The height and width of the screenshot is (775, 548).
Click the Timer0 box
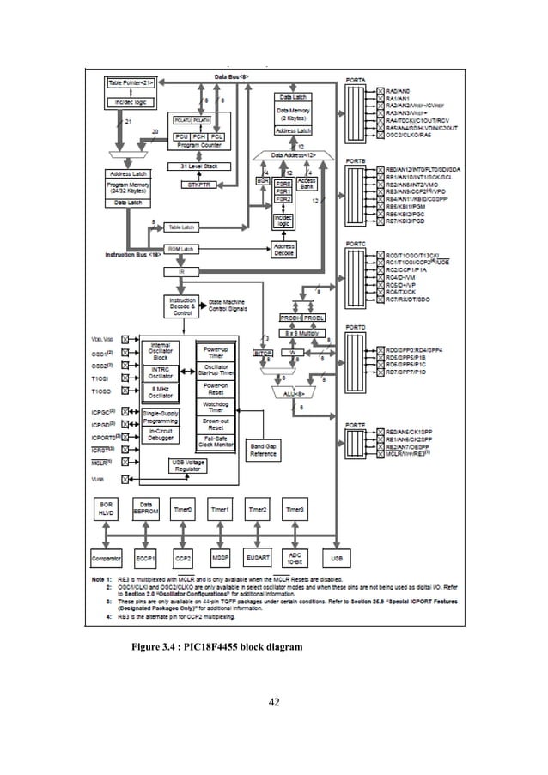(181, 509)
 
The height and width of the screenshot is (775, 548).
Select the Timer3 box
(295, 509)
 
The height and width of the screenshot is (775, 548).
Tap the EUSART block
(257, 556)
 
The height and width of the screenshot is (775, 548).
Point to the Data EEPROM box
(143, 509)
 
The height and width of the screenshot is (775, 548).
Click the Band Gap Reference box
(264, 451)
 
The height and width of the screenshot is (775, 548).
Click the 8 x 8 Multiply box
(301, 330)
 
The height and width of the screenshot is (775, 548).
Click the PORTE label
(356, 424)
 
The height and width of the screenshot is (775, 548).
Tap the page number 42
(274, 704)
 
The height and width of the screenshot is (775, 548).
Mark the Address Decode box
(283, 250)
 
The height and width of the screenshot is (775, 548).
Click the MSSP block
(219, 556)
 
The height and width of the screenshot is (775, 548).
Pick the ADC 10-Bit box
(295, 556)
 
